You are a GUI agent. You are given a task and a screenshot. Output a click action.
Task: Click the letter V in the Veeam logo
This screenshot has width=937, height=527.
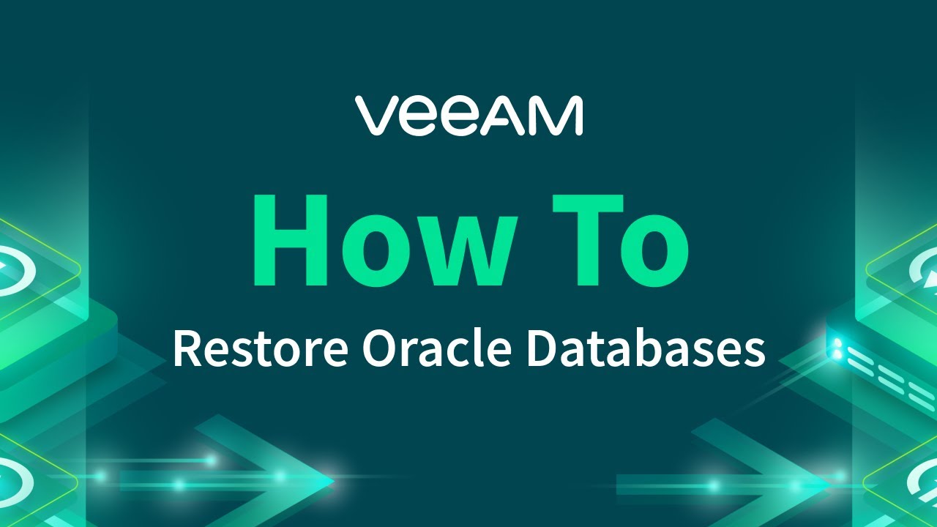coord(378,116)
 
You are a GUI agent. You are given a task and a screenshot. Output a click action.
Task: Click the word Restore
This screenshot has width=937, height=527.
coord(260,349)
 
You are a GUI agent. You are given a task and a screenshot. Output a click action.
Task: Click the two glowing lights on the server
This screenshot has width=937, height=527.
coord(836,348)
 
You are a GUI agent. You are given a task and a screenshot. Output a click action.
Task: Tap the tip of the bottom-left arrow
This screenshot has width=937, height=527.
coord(333,481)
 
